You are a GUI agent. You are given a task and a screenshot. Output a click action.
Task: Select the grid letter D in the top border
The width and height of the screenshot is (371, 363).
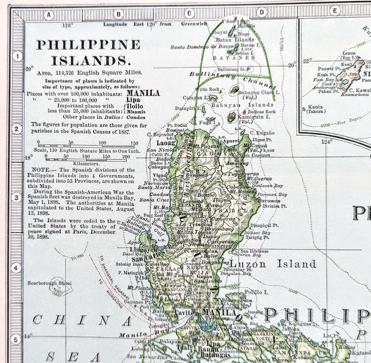(262, 12)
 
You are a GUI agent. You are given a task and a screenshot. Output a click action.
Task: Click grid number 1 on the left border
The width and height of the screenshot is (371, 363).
(17, 57)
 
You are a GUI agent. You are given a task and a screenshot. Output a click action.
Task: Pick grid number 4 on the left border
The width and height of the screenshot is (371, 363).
(17, 268)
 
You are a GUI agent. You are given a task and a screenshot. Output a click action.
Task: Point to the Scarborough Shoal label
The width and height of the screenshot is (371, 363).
(48, 284)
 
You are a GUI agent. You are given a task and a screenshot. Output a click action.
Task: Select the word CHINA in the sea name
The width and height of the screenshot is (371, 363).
(74, 320)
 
